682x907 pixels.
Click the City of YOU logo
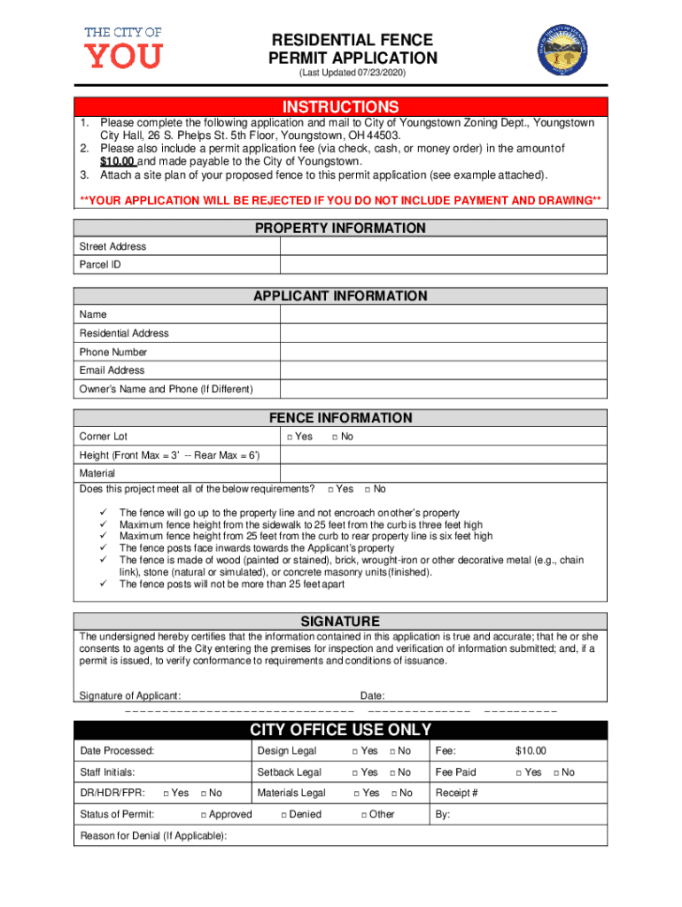point(123,47)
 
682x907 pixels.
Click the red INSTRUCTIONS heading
point(340,106)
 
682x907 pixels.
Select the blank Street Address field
point(443,246)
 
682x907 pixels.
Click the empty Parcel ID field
point(443,265)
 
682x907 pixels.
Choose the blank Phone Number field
point(443,352)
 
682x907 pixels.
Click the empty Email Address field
point(443,370)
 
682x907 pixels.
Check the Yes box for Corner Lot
point(289,437)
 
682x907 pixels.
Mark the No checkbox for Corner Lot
point(335,437)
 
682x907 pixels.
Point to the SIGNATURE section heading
point(340,621)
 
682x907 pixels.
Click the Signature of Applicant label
point(130,695)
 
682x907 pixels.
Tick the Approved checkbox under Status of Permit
point(203,815)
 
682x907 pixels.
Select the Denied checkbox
point(283,815)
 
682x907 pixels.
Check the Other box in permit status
point(363,815)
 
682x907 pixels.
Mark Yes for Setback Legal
point(356,773)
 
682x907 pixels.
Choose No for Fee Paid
point(556,773)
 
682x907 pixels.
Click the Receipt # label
point(456,794)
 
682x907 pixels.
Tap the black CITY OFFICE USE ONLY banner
point(340,730)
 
